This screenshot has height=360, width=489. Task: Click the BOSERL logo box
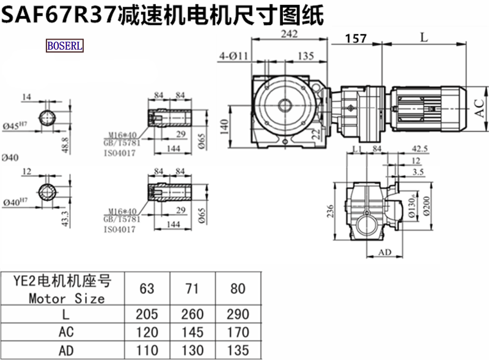pos(65,45)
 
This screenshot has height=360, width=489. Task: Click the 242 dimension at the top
pos(289,34)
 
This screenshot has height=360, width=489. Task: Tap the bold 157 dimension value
pos(356,39)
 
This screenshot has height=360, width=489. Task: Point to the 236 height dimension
pos(331,210)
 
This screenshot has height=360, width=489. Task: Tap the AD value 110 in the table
pos(147,350)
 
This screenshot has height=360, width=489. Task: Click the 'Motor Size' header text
pos(67,299)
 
